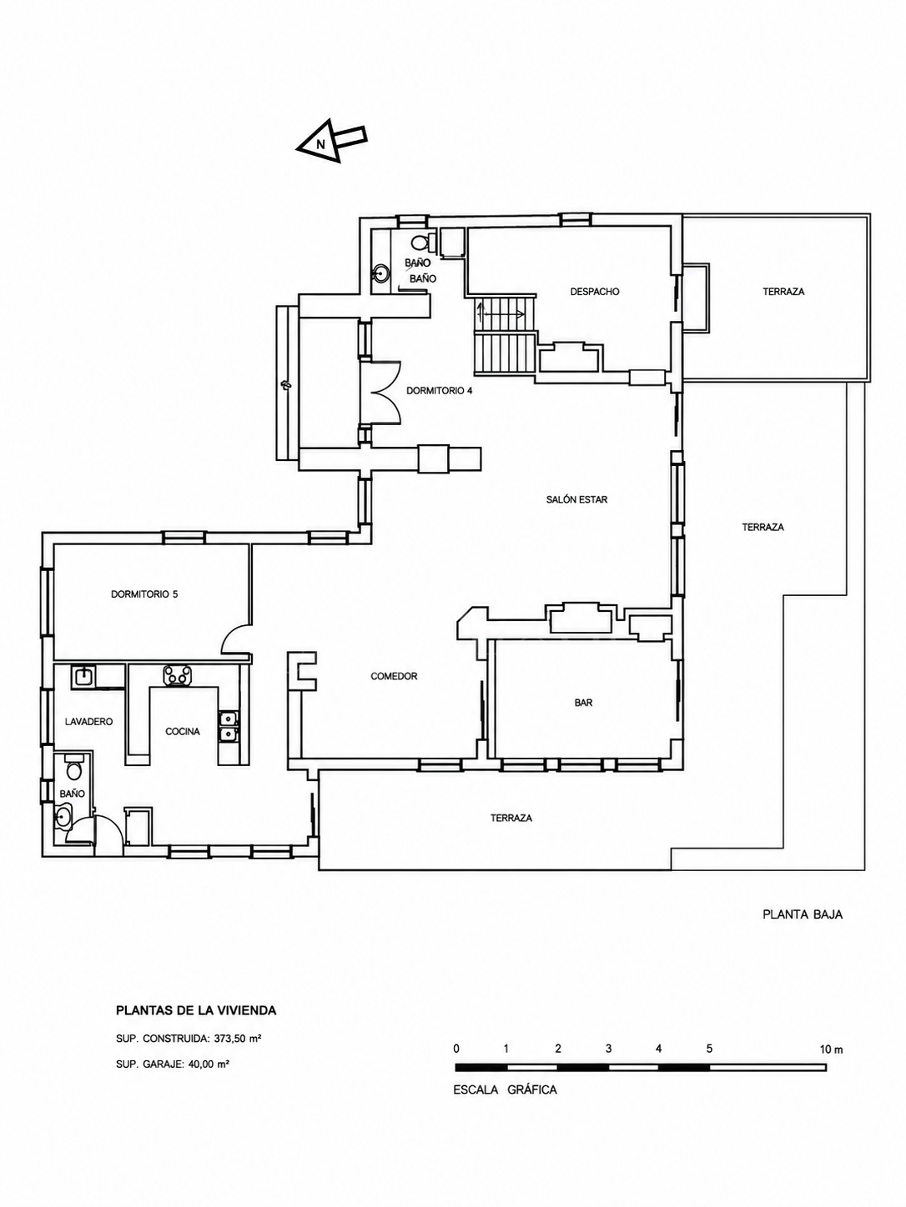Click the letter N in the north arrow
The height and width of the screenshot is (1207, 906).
pyautogui.click(x=320, y=145)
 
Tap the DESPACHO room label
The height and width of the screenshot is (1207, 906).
pyautogui.click(x=595, y=292)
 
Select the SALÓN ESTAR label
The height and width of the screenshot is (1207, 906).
pyautogui.click(x=576, y=500)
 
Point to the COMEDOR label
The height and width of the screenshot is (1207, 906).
pyautogui.click(x=394, y=676)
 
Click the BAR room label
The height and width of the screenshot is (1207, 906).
pyautogui.click(x=583, y=703)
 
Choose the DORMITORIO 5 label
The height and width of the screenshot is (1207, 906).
pyautogui.click(x=144, y=594)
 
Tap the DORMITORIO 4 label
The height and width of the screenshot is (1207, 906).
pyautogui.click(x=439, y=391)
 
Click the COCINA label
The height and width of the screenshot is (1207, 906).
pyautogui.click(x=183, y=732)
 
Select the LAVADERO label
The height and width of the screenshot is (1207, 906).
pyautogui.click(x=88, y=722)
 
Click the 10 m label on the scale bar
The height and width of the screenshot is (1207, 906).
pyautogui.click(x=831, y=1049)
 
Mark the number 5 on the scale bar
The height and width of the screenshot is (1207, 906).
pyautogui.click(x=709, y=1049)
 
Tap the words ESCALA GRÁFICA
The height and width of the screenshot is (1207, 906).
pyautogui.click(x=505, y=1089)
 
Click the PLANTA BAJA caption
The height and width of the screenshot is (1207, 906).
pyautogui.click(x=803, y=915)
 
